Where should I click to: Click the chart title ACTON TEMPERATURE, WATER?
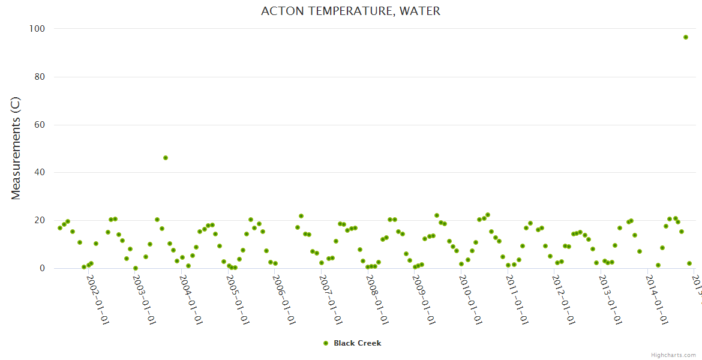[x=350, y=11]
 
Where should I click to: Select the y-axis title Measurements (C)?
[x=16, y=148]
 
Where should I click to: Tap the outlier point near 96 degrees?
[x=685, y=37]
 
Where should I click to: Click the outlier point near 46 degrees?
[x=166, y=158]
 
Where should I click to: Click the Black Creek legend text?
[x=357, y=343]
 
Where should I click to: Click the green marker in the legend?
[x=326, y=343]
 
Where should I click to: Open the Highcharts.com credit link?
[x=673, y=355]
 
